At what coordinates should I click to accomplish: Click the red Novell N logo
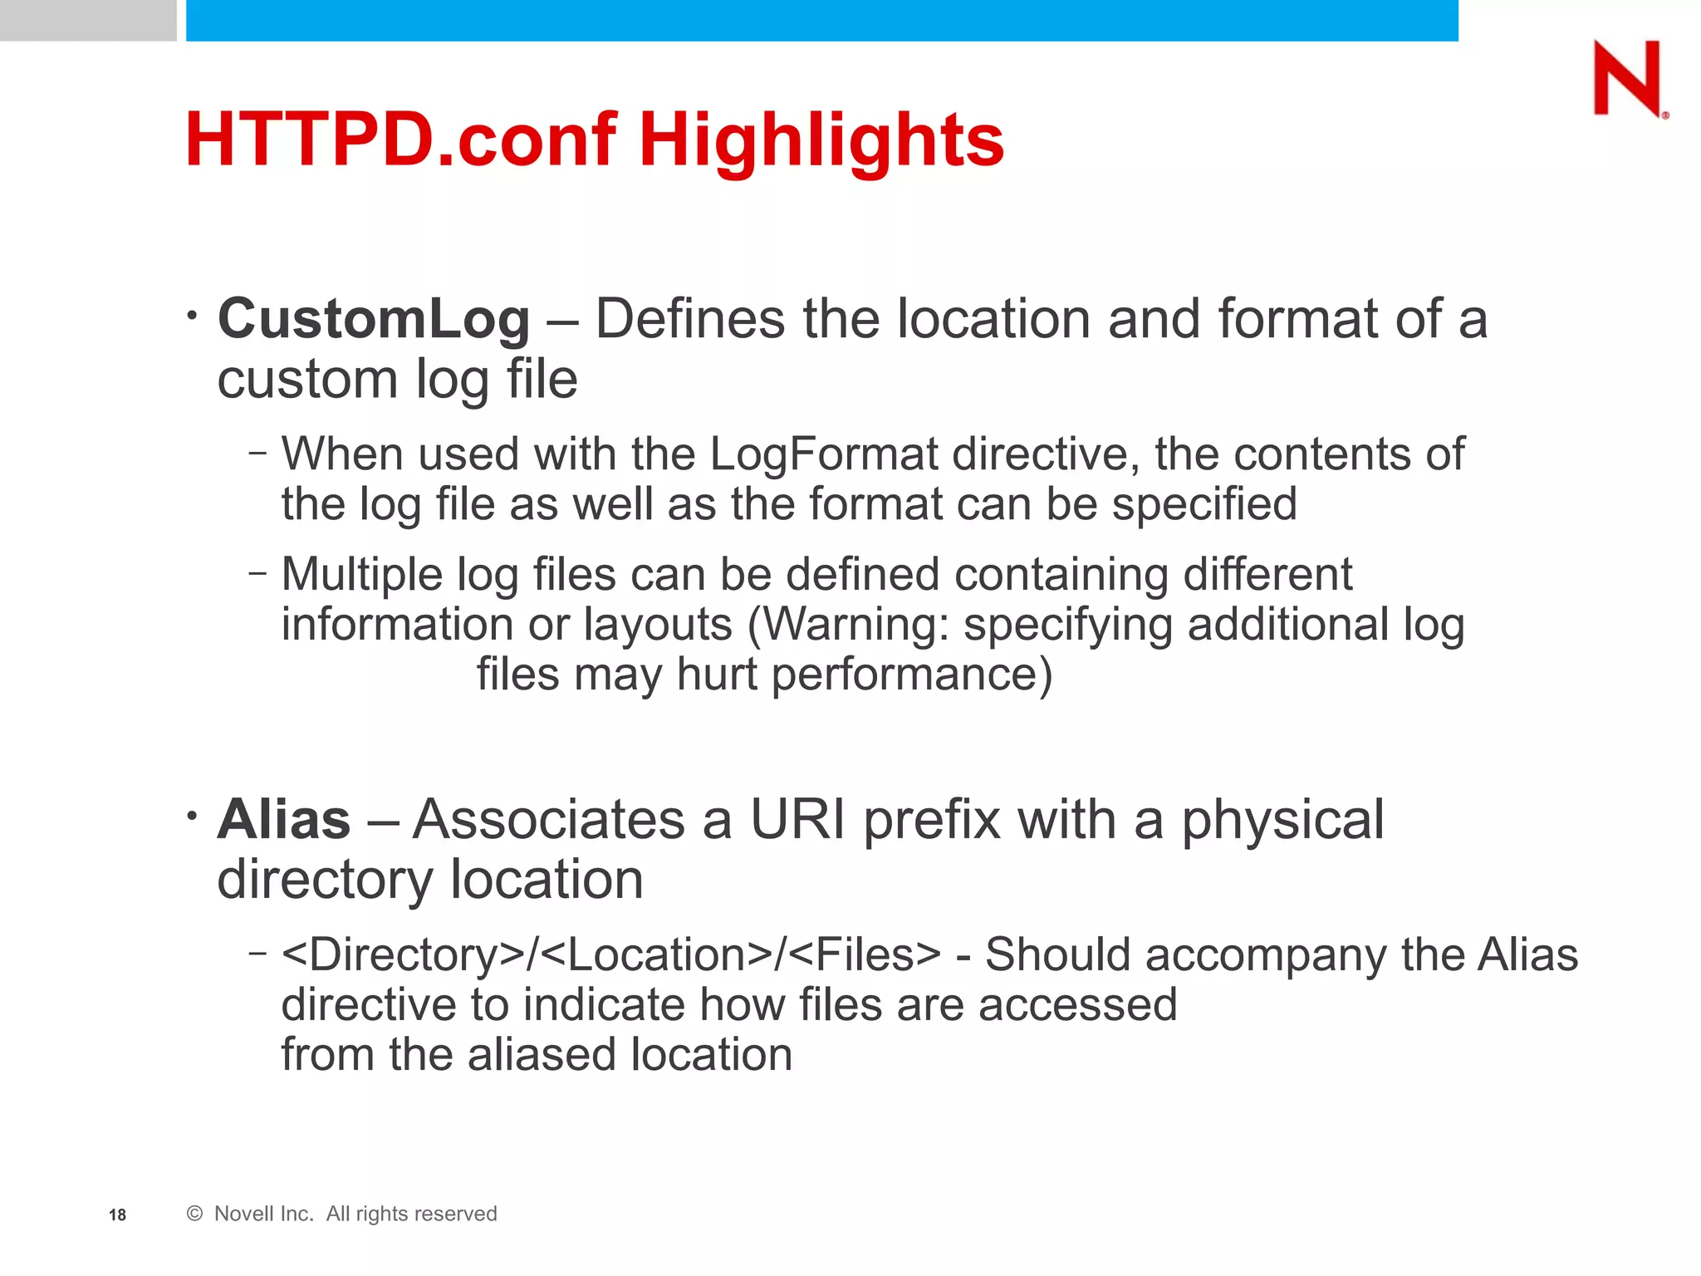pos(1628,79)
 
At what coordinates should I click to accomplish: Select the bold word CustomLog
pos(373,320)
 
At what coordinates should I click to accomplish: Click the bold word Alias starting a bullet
pos(284,820)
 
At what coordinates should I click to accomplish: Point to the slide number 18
pos(117,1215)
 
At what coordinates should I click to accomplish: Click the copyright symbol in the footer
pos(194,1214)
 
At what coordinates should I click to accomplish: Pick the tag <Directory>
pos(402,955)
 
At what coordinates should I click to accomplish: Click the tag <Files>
pos(864,955)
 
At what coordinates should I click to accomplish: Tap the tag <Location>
pos(657,955)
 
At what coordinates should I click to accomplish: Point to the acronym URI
pos(797,820)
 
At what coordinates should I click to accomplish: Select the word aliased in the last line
pos(542,1055)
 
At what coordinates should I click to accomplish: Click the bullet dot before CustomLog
pos(192,316)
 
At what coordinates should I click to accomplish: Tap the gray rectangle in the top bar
pos(87,20)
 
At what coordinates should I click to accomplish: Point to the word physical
pos(1282,820)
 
